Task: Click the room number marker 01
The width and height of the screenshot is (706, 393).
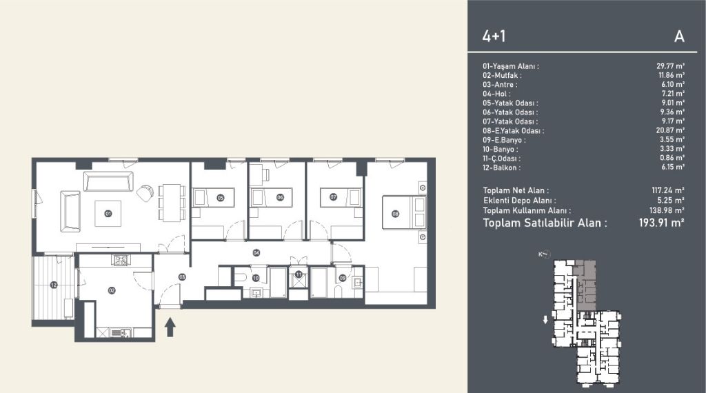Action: coord(108,213)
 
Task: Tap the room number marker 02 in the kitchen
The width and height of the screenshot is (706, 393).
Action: coord(112,290)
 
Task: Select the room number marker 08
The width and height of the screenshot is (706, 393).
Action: coord(395,214)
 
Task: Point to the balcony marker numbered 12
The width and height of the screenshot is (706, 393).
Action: coord(54,285)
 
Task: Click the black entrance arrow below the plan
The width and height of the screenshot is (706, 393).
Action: coord(170,327)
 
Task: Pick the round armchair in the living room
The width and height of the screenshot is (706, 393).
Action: coord(145,193)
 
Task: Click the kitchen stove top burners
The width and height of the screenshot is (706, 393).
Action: coord(120,260)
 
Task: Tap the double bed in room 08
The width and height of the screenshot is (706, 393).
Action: coord(404,212)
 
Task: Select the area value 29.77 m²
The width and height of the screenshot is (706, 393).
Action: coord(670,66)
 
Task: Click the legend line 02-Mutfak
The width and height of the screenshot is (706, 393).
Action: coord(502,76)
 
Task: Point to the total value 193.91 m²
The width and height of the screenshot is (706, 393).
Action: coord(661,223)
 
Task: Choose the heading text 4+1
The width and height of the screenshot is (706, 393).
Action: coord(494,36)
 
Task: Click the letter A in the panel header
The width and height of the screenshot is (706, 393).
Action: coord(679,37)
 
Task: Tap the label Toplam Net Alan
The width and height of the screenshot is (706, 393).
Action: coord(516,190)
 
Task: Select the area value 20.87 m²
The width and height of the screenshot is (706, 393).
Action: coord(670,130)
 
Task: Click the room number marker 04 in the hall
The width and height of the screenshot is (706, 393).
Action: coord(256,252)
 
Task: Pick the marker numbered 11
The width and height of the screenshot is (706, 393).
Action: coord(299,274)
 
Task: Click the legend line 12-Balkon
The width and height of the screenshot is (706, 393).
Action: coord(502,168)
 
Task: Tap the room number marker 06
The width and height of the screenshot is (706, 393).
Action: coord(280,197)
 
